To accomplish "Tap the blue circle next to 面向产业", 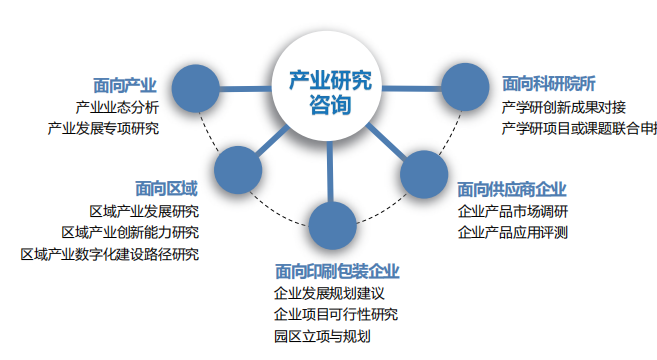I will tap(196, 90).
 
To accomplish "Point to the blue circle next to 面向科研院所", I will tap(463, 88).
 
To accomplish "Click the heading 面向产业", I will tap(126, 84).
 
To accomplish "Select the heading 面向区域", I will tap(166, 187).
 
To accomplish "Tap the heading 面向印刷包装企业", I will tap(337, 271).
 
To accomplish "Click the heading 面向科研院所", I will tap(549, 83).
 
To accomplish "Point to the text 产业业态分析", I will tap(117, 106).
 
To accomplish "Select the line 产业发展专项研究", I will tap(103, 128).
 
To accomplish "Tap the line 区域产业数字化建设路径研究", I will tap(109, 254).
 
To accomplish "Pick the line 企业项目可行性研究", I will tap(335, 315).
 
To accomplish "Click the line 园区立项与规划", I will tap(322, 337).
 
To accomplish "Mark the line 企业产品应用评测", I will tap(512, 232).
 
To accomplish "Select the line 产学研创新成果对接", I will tap(564, 106).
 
